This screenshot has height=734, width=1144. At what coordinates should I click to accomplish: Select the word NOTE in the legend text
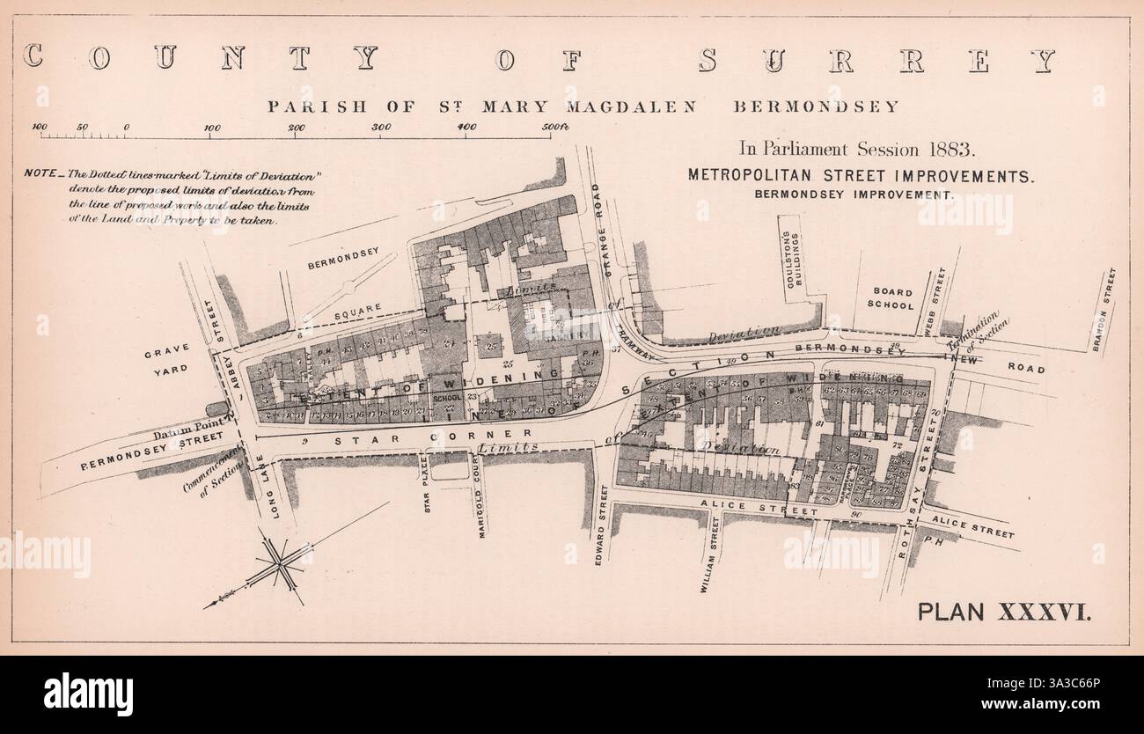[42, 171]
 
